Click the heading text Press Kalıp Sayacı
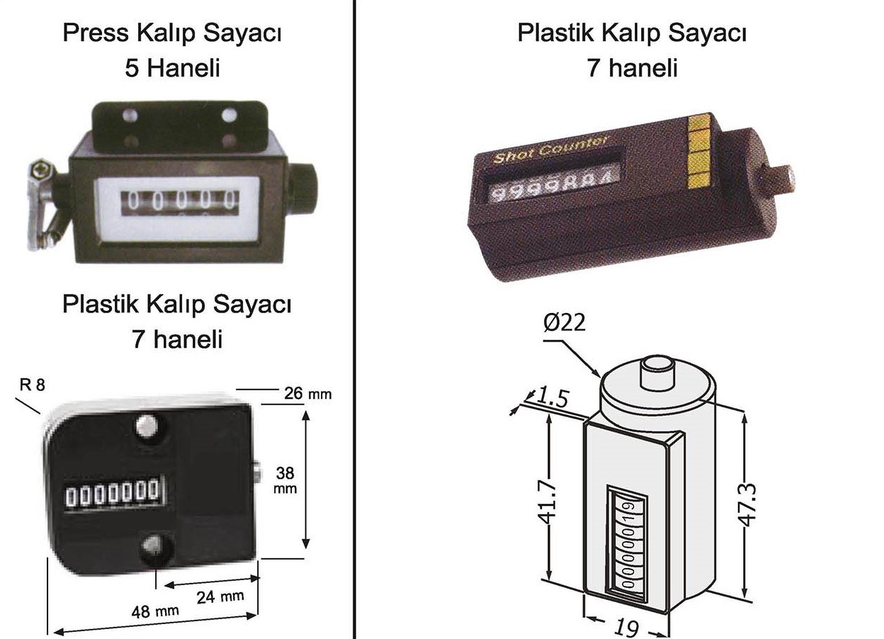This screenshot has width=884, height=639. point(172,34)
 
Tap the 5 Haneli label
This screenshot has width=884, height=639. point(172,69)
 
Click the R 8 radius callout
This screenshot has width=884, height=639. point(32,385)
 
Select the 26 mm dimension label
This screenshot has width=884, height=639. point(307,392)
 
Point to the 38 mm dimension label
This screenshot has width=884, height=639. point(285,480)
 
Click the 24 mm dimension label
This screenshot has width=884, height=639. point(220,596)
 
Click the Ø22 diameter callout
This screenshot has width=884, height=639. point(565,322)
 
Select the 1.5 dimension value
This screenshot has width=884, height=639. point(553,397)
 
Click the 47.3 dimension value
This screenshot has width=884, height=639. point(749,503)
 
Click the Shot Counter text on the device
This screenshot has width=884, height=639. point(550,149)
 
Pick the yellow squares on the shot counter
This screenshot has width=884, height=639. point(699,151)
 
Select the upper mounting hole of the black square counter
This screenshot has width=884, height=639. point(147,426)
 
